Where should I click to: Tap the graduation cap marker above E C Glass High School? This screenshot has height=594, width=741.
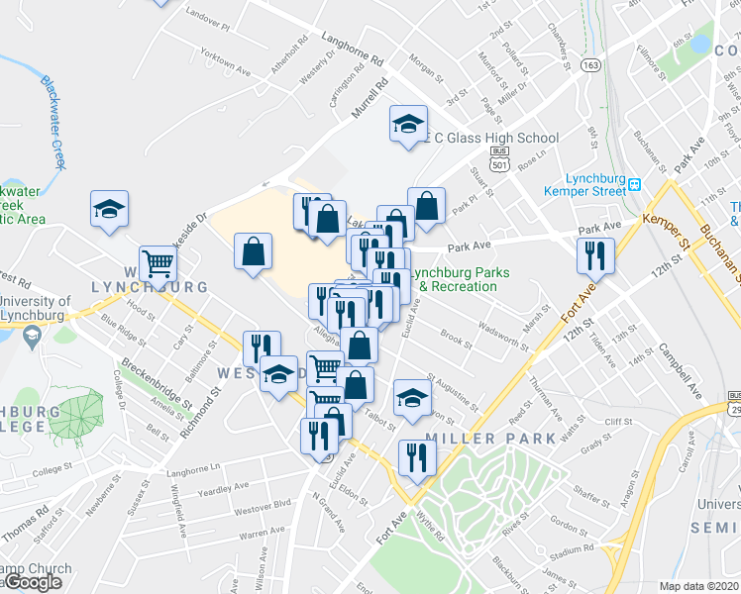click(x=407, y=125)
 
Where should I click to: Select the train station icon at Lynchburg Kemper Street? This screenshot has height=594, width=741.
click(x=636, y=185)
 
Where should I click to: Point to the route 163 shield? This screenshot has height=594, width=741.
click(x=591, y=65)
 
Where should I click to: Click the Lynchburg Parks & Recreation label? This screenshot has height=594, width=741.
click(x=453, y=279)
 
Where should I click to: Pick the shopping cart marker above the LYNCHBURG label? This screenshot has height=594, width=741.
click(x=158, y=263)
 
